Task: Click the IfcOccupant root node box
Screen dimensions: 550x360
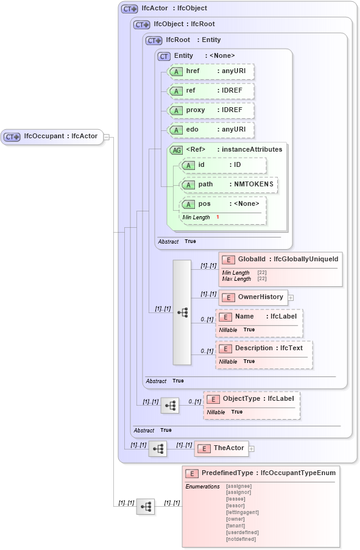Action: tap(52, 136)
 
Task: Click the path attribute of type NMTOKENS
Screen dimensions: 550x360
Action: tap(229, 185)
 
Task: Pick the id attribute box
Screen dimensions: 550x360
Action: tap(223, 165)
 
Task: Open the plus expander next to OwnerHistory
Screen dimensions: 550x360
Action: tap(291, 298)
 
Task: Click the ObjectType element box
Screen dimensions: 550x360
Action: tap(252, 399)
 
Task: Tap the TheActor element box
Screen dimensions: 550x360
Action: tap(220, 448)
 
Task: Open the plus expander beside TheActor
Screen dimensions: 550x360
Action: tap(251, 449)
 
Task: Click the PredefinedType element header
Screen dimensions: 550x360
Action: tap(261, 473)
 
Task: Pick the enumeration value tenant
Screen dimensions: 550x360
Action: tap(235, 526)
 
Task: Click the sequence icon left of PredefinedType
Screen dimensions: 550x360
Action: tap(145, 506)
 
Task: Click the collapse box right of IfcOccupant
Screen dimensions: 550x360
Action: tap(106, 136)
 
